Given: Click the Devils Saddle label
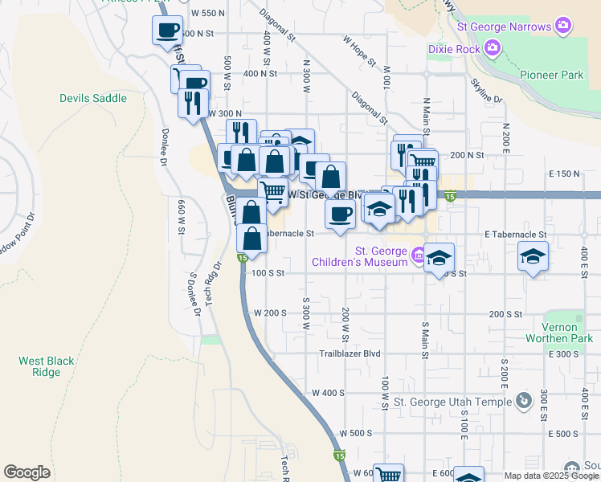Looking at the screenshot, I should [x=93, y=98].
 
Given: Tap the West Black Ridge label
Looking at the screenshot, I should [x=41, y=366].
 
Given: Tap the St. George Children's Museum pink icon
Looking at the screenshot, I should [x=418, y=256].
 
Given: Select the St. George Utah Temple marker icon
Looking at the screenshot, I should [x=523, y=399].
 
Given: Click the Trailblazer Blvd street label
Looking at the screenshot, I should [x=350, y=353].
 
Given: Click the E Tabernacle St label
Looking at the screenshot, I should [x=515, y=234].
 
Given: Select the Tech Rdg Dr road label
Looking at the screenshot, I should [x=213, y=284].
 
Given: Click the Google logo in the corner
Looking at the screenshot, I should [x=27, y=472].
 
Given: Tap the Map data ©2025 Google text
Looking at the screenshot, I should [x=550, y=476].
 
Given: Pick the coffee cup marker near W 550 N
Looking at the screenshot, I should [x=167, y=31].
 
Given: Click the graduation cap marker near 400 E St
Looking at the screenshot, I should [x=534, y=258].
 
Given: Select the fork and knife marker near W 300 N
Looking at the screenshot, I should [x=194, y=102].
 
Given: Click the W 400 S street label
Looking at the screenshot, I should [x=328, y=393].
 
